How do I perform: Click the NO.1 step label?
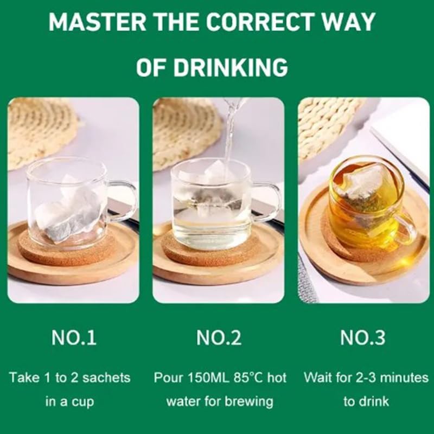pyautogui.click(x=74, y=338)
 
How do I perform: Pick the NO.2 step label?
pyautogui.click(x=219, y=338)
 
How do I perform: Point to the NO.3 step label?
pyautogui.click(x=363, y=338)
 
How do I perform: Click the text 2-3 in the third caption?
pyautogui.click(x=369, y=377)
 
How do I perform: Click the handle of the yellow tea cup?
pyautogui.click(x=406, y=228)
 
